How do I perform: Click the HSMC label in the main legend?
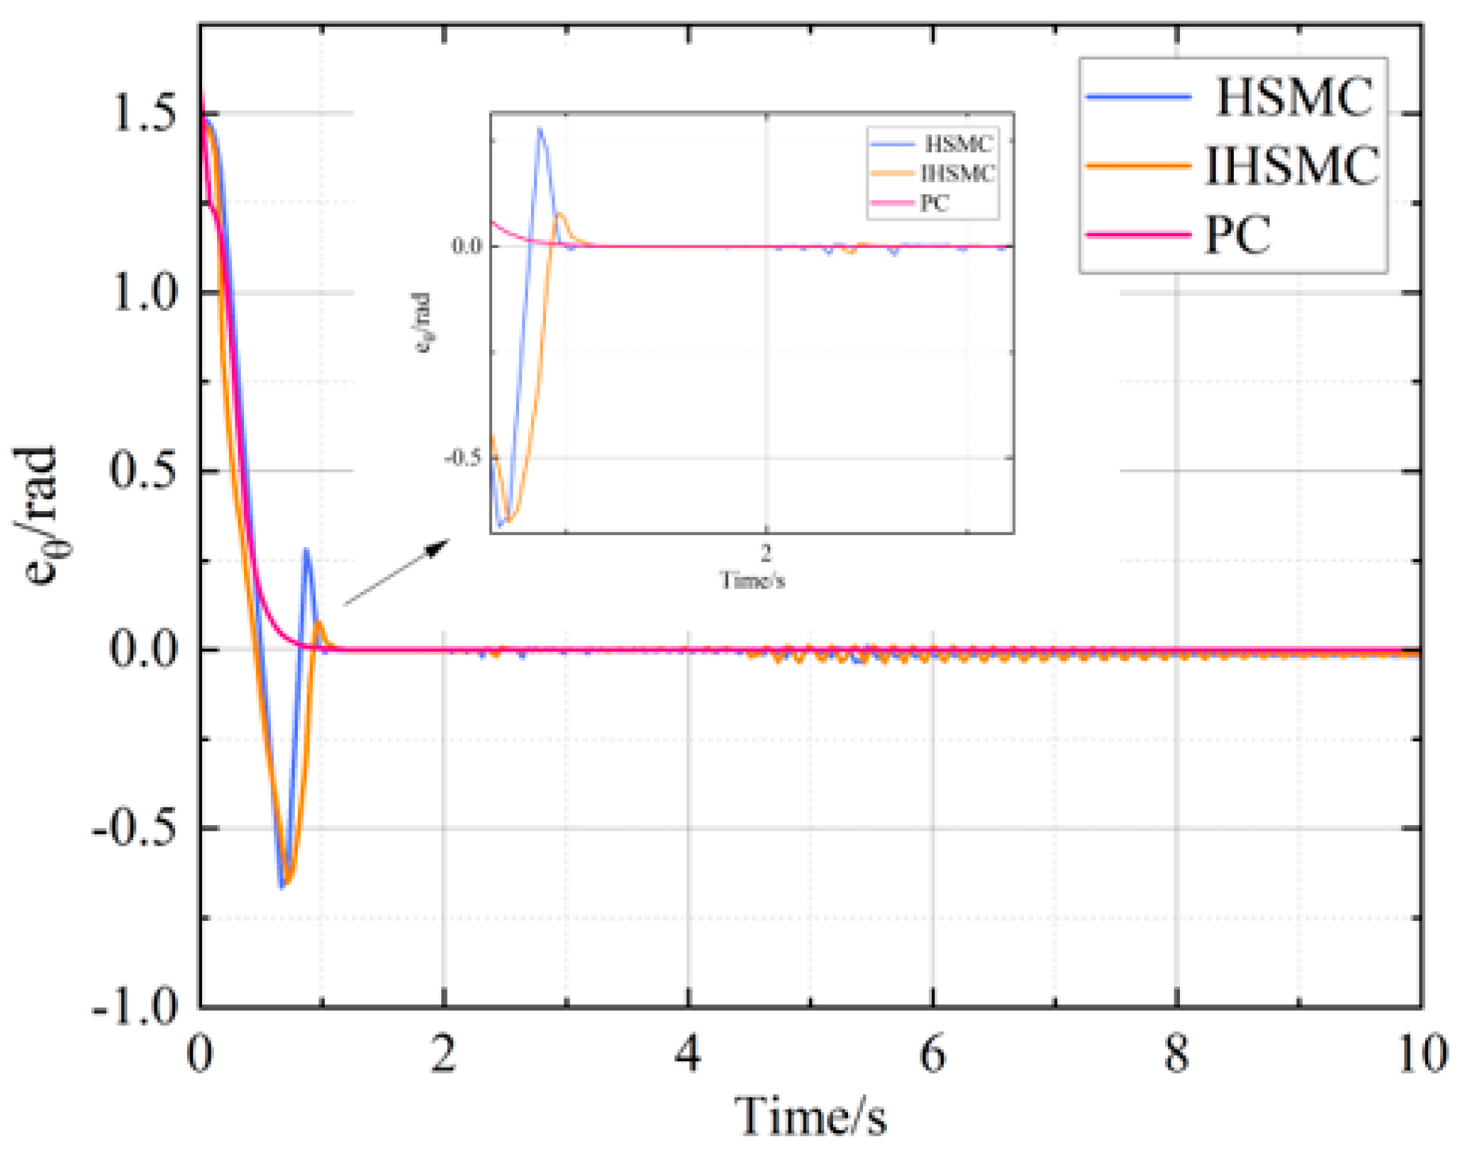click(x=1294, y=96)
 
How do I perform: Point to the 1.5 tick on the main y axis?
click(x=144, y=113)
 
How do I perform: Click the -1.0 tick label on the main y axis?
click(x=135, y=1007)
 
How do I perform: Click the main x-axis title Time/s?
click(x=810, y=1116)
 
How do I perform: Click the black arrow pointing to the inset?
click(x=397, y=571)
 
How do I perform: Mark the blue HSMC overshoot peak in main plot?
click(x=306, y=549)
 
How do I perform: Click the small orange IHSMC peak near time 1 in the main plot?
click(x=320, y=623)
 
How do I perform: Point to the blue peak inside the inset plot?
click(x=540, y=130)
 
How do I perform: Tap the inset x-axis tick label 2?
click(x=766, y=552)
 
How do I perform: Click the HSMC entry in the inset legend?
click(x=958, y=144)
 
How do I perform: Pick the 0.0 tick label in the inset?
click(x=467, y=246)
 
